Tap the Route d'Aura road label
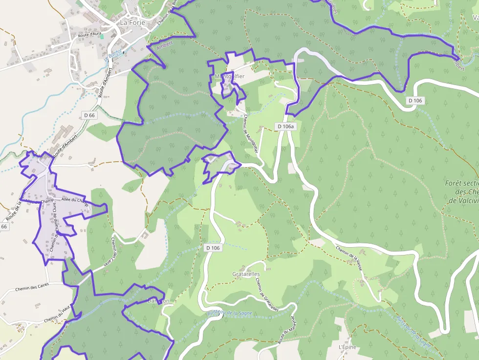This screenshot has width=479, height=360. (89, 35)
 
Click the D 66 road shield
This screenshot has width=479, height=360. (89, 115)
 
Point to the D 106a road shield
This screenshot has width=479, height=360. (286, 127)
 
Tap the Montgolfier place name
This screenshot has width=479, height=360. (229, 76)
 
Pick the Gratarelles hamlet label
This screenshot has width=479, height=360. (246, 274)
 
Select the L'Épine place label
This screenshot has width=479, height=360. (348, 347)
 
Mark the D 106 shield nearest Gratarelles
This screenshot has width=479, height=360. (213, 248)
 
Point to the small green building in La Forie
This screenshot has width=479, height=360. (102, 36)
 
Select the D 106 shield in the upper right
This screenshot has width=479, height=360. (415, 100)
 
